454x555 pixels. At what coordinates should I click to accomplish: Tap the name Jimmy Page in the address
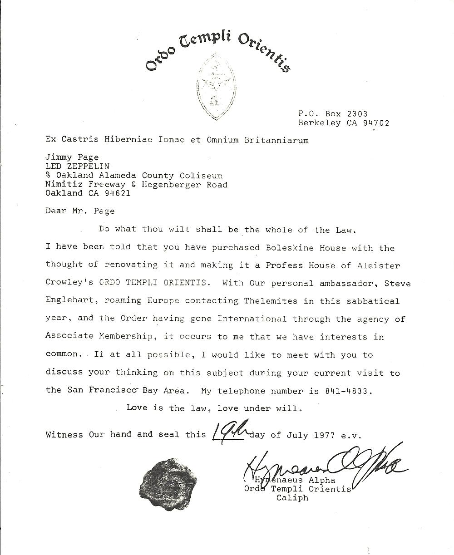coord(72,158)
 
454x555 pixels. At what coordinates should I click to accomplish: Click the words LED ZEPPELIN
coord(78,167)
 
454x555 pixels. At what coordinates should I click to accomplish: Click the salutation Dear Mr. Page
coord(80,211)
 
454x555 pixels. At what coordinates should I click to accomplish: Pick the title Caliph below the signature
coord(292,497)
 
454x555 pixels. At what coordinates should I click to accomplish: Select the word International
coord(252,319)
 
